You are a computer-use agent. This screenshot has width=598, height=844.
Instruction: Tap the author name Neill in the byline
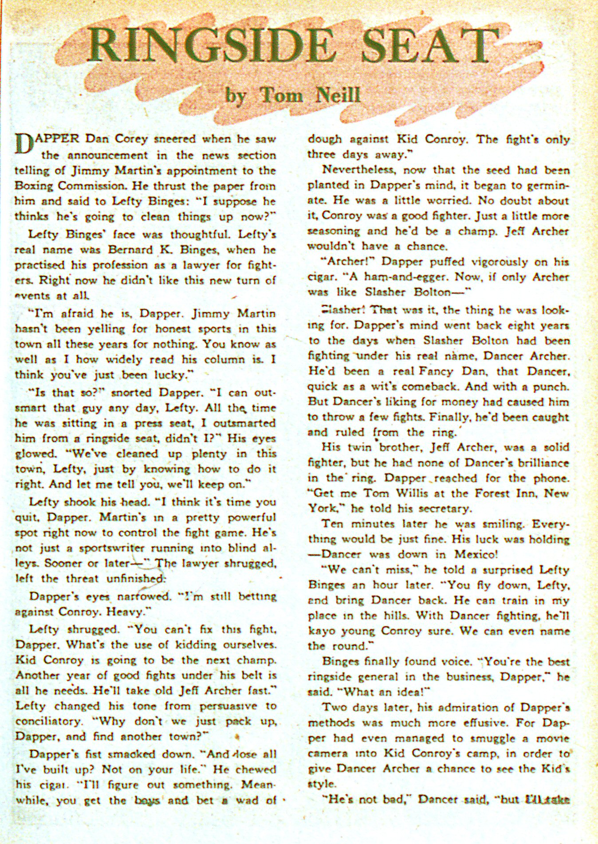tap(337, 95)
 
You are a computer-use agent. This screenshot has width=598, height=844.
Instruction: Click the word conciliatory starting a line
tap(49, 721)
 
